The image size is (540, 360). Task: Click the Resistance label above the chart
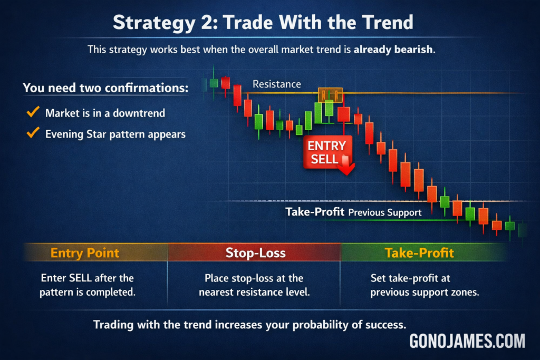point(276,84)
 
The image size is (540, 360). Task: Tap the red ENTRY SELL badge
point(327,152)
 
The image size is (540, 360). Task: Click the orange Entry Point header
point(85,253)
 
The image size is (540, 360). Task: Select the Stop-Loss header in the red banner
point(256,253)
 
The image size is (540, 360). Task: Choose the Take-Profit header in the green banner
point(419,253)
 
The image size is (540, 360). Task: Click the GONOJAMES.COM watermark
point(467,341)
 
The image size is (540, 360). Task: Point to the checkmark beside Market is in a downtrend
point(33,112)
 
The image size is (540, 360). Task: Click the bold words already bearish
point(393,50)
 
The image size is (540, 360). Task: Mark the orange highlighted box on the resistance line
point(330,95)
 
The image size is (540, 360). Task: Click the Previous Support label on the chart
point(384,212)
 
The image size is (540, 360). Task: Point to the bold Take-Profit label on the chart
point(315,212)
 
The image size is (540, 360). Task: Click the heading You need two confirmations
point(105,88)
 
